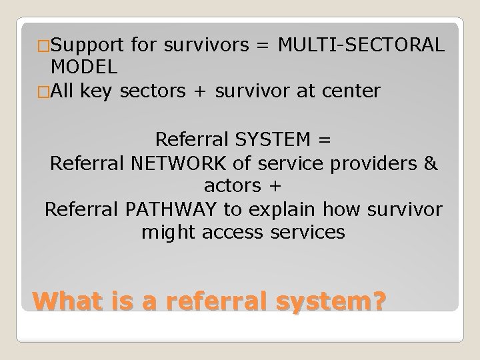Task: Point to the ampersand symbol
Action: [431, 163]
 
